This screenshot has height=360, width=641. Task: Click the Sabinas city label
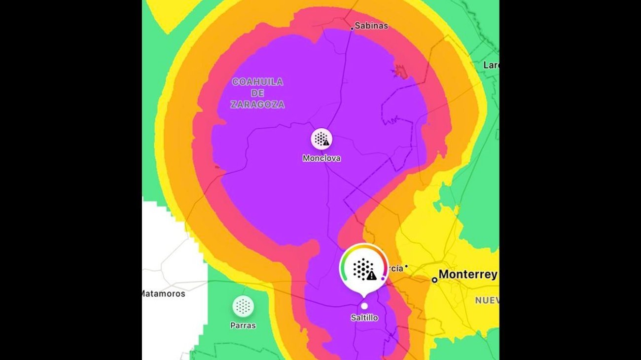pos(371,26)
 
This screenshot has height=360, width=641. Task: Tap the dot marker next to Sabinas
pos(352,29)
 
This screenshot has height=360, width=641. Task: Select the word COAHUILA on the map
pos(257,82)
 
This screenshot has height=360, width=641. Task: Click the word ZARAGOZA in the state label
pos(257,105)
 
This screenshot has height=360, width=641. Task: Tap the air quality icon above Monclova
pos(321,139)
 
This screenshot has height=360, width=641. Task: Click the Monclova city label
pos(321,158)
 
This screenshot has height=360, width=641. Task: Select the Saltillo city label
pos(364,318)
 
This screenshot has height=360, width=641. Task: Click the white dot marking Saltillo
pos(364,306)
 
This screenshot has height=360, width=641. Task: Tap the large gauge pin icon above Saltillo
pos(364,269)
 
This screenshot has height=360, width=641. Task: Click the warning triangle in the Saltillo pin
pos(372,276)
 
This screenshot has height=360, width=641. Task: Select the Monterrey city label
pos(467,274)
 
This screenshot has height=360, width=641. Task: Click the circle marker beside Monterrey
pos(434,280)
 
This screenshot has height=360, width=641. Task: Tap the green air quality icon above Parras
pos(243,306)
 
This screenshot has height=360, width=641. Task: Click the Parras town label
pos(243,325)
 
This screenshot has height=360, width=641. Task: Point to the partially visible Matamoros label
pos(164,293)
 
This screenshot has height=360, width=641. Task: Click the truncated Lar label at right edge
pos(491,65)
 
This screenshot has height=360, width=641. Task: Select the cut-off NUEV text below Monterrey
pos(487,300)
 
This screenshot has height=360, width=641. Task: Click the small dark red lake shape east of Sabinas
pos(400,72)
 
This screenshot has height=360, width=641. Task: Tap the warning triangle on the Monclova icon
pos(326,143)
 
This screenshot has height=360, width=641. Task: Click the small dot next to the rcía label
pos(406,267)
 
